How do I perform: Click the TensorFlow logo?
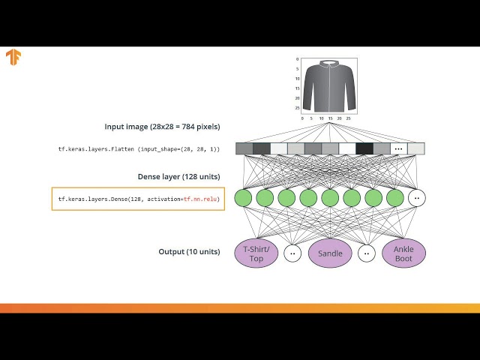[13, 58]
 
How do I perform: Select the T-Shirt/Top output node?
[256, 253]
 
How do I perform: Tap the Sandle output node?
[330, 253]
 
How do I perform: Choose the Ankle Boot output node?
[403, 253]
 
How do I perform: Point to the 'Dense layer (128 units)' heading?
[178, 177]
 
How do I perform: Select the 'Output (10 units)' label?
[189, 252]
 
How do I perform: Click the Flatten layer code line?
[139, 149]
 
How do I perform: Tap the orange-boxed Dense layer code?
[138, 199]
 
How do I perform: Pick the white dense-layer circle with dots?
[417, 198]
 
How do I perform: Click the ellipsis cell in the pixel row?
[399, 148]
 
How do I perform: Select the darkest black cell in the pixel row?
[364, 148]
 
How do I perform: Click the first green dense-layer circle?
[243, 198]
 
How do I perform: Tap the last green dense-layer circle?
[395, 198]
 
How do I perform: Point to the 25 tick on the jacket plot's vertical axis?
[298, 107]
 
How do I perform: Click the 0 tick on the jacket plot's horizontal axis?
[302, 118]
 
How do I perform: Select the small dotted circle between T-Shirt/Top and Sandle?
[292, 253]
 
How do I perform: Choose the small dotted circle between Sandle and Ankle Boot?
[367, 253]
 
